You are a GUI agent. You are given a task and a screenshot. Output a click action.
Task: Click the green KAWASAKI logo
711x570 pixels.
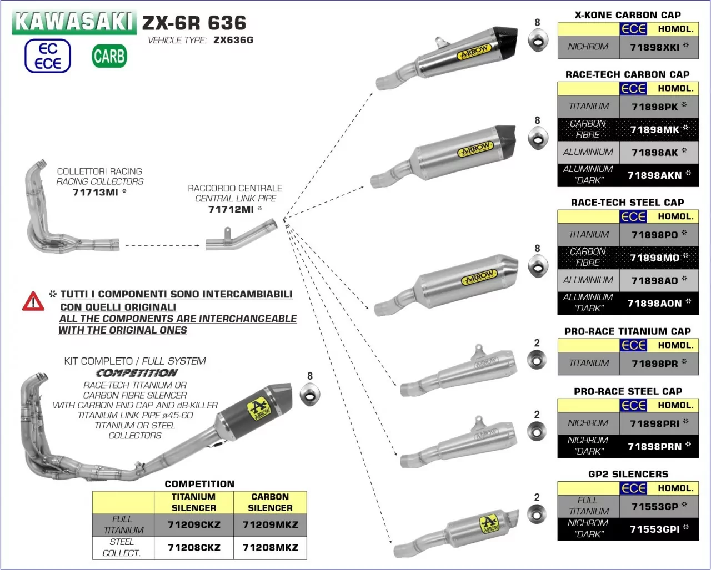74,22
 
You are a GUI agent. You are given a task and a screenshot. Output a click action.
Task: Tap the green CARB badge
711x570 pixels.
109,56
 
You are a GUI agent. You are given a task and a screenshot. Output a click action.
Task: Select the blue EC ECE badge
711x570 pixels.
48,56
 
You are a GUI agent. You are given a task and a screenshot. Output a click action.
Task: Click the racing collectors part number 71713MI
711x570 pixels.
96,193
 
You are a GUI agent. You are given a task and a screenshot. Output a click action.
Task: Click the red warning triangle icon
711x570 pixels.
33,301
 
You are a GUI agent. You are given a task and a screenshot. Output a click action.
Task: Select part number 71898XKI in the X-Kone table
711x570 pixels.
655,47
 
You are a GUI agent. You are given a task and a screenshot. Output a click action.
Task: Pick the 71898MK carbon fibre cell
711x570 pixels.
655,129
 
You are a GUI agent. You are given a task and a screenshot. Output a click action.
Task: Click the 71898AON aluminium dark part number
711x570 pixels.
654,303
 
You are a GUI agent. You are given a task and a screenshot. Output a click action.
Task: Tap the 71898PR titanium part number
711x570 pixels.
654,364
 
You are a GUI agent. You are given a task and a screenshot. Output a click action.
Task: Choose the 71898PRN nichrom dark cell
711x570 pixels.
654,446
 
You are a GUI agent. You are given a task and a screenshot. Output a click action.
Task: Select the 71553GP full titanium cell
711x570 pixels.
654,507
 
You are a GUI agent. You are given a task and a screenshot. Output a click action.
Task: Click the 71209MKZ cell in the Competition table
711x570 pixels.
270,524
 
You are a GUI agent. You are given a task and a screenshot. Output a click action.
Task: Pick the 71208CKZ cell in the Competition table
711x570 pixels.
194,547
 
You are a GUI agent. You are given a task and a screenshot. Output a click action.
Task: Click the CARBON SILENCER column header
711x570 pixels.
270,502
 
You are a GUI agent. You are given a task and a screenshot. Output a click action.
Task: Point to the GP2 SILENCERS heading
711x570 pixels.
628,474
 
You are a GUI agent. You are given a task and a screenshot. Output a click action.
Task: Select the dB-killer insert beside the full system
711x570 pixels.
310,395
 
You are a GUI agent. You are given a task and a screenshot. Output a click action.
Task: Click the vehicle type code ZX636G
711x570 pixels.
233,40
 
